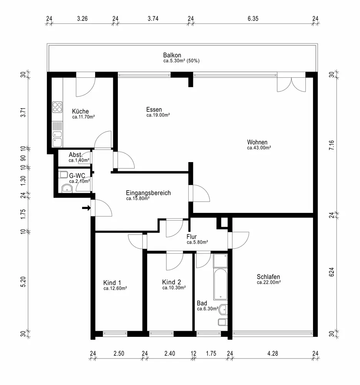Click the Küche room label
(x=80, y=111)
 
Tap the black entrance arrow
(x=86, y=208)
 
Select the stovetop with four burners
(x=57, y=107)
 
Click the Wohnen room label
(x=257, y=142)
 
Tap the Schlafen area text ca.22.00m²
(x=269, y=282)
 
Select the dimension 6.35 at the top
(x=253, y=18)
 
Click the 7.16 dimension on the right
(x=332, y=145)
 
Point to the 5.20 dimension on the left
(x=23, y=282)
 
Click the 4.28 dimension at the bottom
(x=273, y=353)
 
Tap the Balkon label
(x=172, y=55)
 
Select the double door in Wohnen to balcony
(x=291, y=83)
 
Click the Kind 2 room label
(x=172, y=282)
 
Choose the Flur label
(x=191, y=237)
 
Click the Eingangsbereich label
(x=148, y=193)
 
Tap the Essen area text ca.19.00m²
(x=158, y=115)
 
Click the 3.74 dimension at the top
(x=153, y=18)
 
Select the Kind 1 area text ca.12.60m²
(x=115, y=288)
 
